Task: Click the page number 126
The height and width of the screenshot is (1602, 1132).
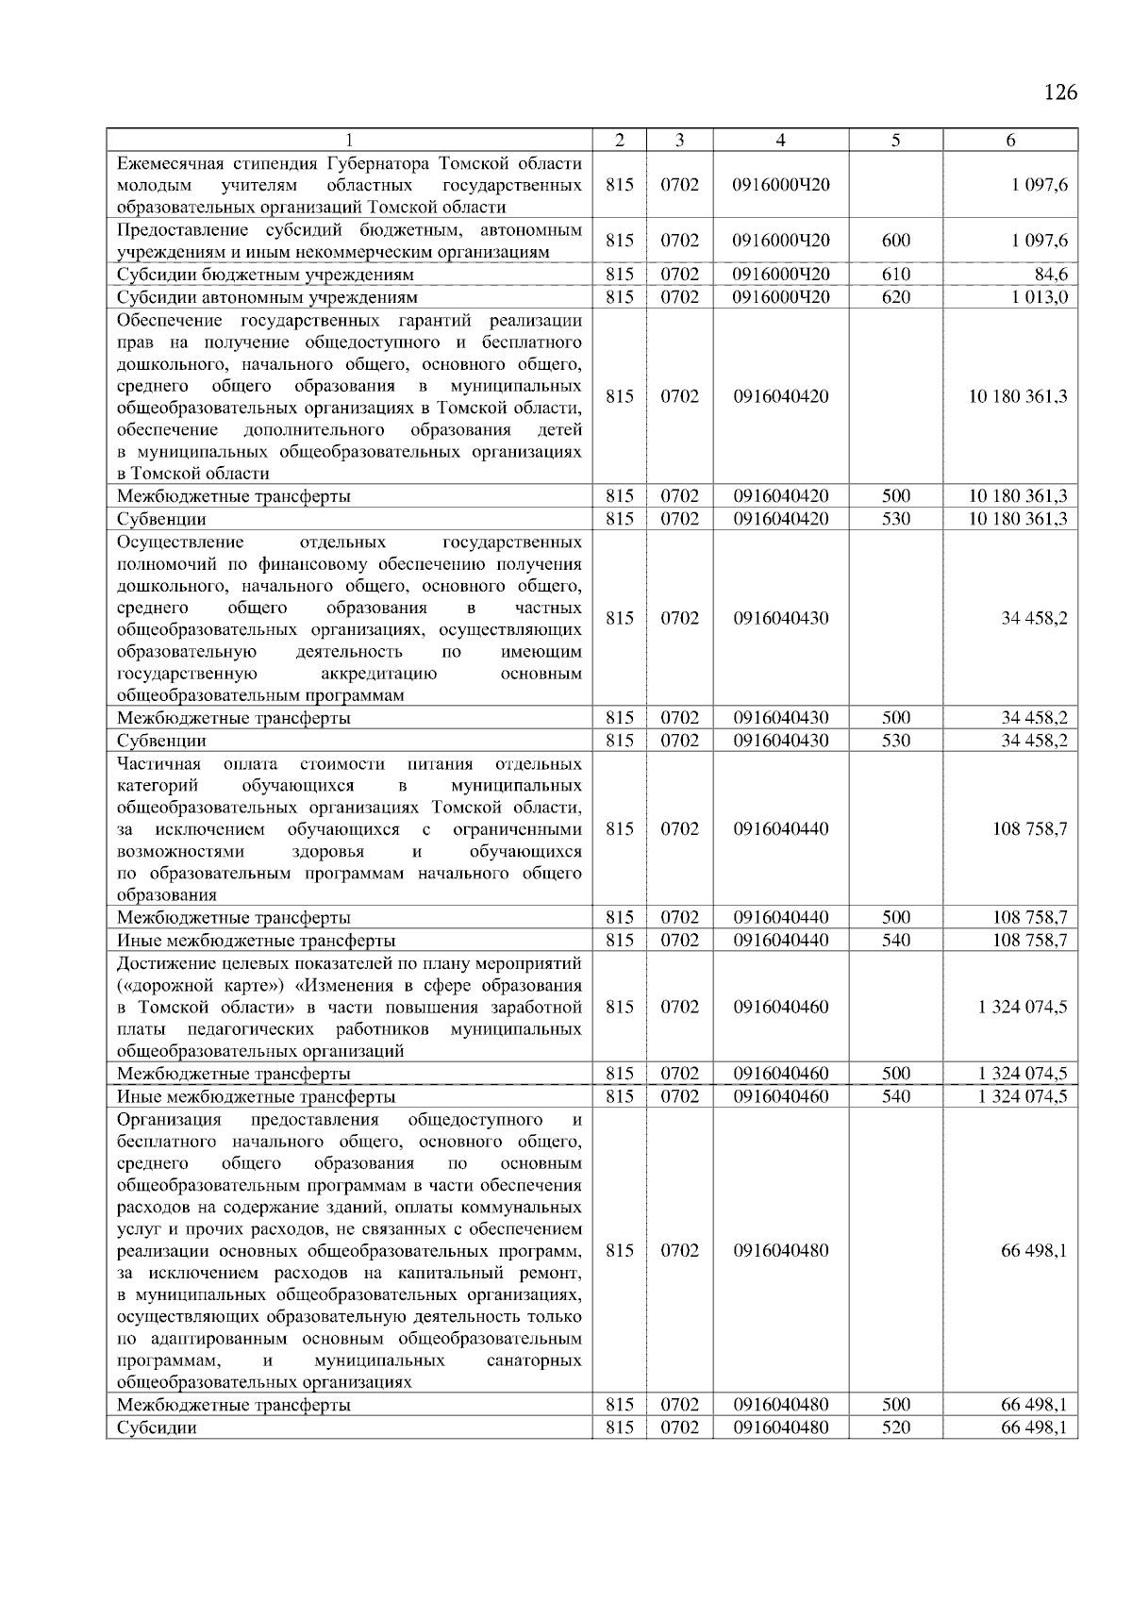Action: pyautogui.click(x=1060, y=92)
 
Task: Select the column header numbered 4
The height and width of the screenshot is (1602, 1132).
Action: pyautogui.click(x=780, y=141)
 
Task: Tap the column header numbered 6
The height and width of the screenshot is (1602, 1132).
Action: pyautogui.click(x=1010, y=141)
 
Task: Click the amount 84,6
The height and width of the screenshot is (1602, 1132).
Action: pyautogui.click(x=1050, y=275)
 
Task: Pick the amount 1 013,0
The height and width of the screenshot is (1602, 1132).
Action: pyautogui.click(x=1040, y=297)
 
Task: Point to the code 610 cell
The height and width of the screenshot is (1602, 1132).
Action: pyautogui.click(x=895, y=275)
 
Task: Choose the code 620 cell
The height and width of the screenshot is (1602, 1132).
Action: pyautogui.click(x=895, y=297)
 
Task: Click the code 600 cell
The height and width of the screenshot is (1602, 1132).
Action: pyautogui.click(x=895, y=241)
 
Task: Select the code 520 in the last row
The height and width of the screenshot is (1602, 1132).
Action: pyautogui.click(x=895, y=1427)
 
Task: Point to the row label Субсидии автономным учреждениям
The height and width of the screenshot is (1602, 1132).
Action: pyautogui.click(x=267, y=297)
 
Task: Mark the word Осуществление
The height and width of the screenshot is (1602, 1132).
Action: pyautogui.click(x=180, y=542)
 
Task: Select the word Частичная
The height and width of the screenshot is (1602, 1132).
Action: pyautogui.click(x=158, y=763)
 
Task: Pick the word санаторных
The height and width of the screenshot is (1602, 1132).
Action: pyautogui.click(x=534, y=1360)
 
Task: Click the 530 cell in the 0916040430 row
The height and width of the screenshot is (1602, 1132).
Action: pyautogui.click(x=895, y=741)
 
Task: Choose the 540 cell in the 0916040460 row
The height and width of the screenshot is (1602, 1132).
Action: pyautogui.click(x=895, y=1096)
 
